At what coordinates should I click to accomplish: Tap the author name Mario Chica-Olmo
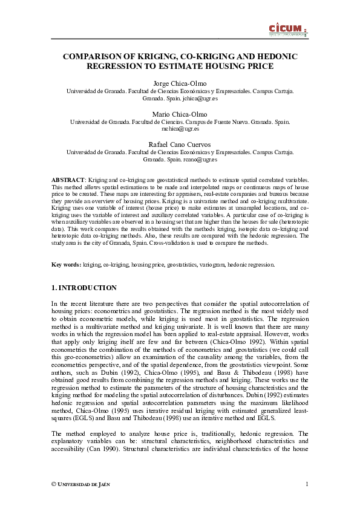[180, 114]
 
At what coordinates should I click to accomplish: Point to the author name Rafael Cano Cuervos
[180, 144]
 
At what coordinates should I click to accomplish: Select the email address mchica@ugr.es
[180, 128]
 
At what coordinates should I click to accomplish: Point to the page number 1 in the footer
[307, 484]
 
